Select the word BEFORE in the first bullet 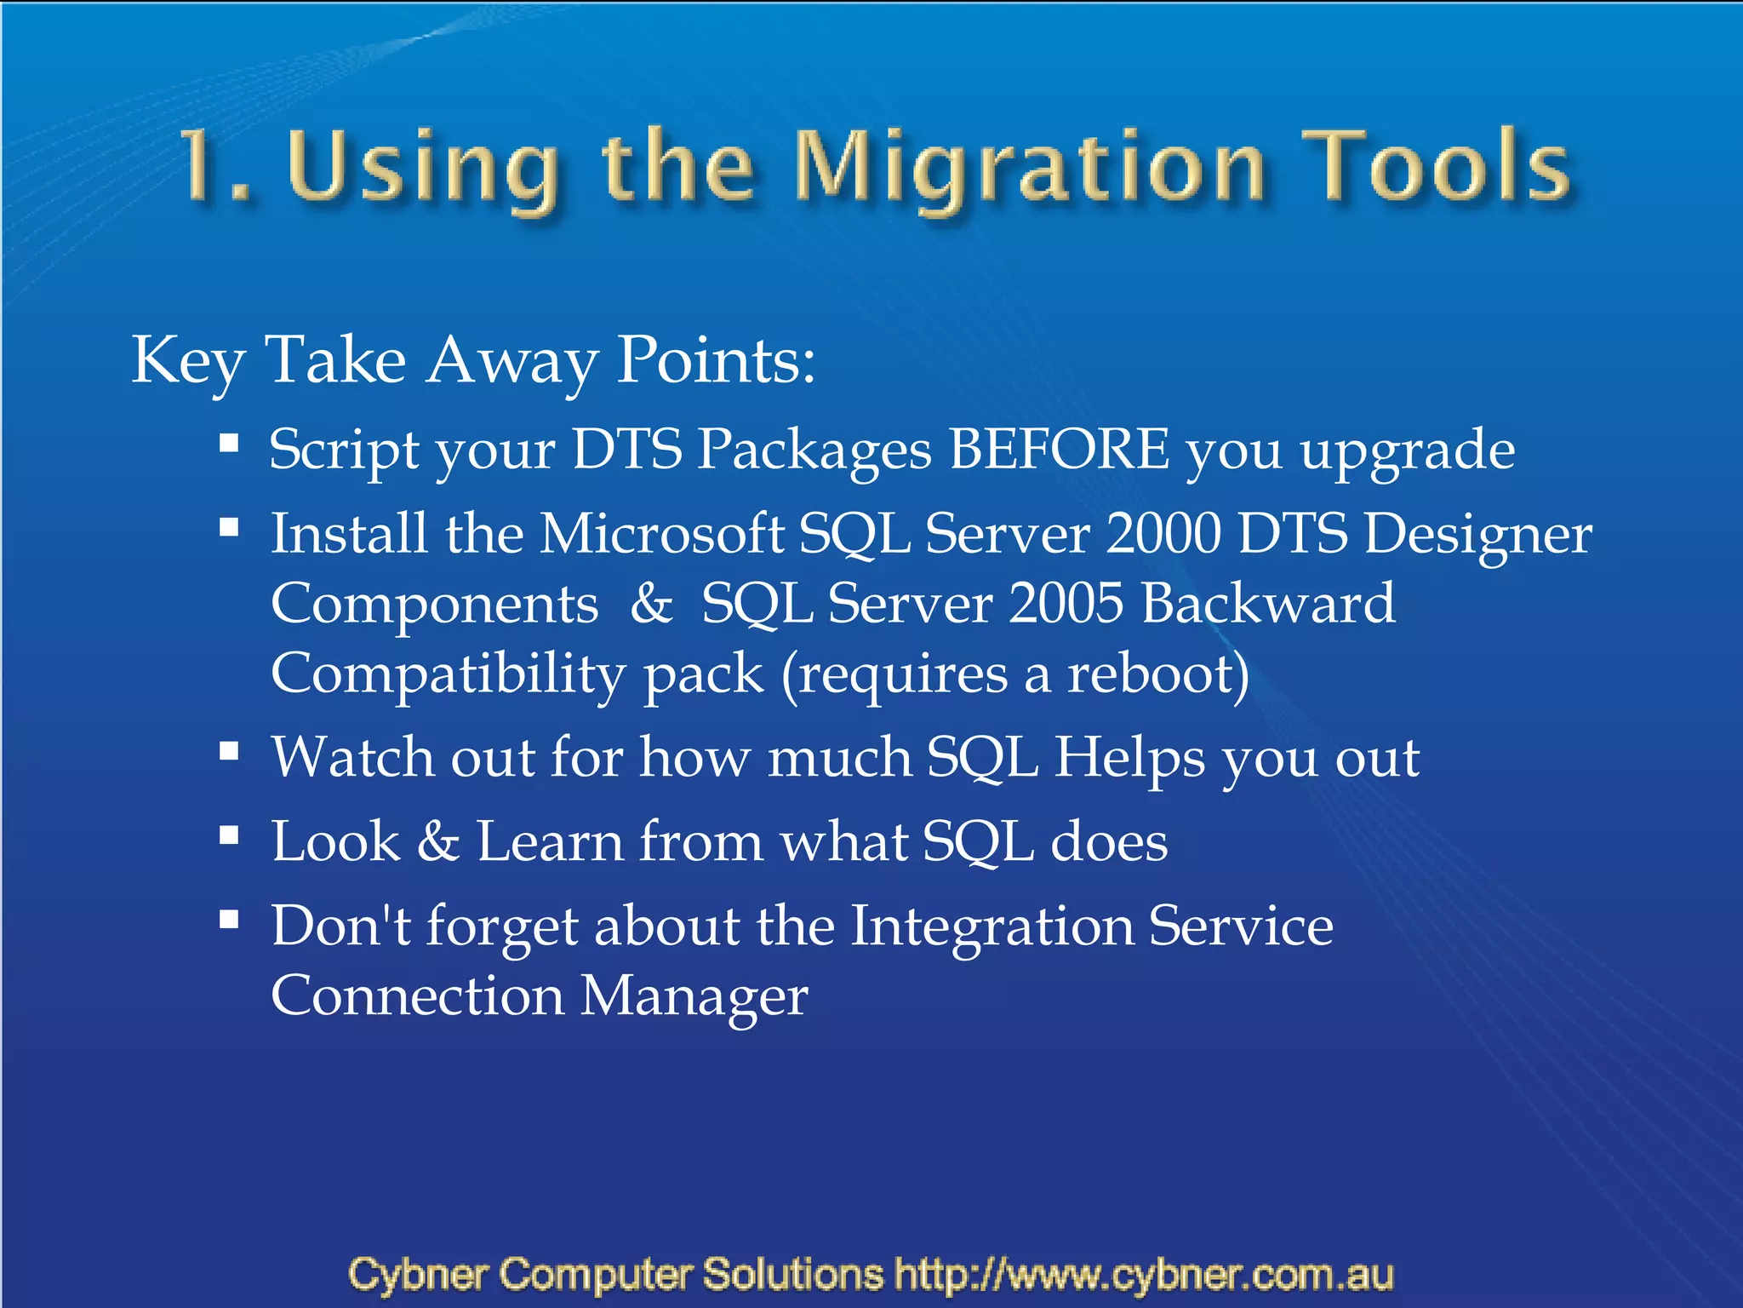click(1059, 449)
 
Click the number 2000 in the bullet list click(1163, 534)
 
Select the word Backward click(1268, 604)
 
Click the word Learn click(550, 841)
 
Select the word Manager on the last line click(694, 997)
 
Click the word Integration click(992, 927)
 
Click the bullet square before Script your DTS click(228, 444)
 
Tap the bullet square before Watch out click(228, 752)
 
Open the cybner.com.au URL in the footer click(1144, 1275)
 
